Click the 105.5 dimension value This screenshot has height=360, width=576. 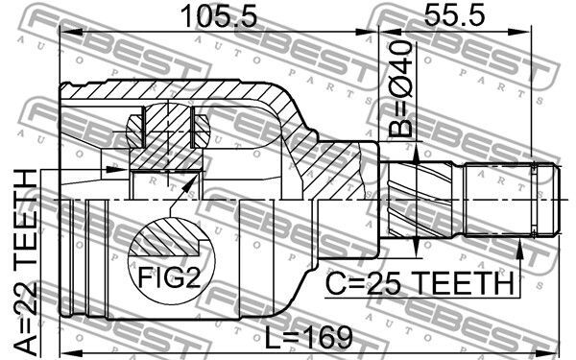220,15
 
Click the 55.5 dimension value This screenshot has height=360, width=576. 454,15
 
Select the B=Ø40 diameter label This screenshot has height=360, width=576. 400,89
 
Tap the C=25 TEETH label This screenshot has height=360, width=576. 420,283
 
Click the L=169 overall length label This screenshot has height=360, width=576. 308,337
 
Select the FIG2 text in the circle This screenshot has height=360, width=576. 169,277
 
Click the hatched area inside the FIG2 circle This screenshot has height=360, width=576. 167,236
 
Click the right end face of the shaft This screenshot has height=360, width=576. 561,201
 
